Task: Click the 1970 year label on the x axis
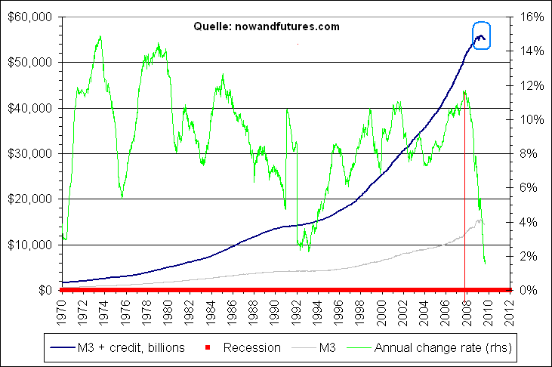[62, 310]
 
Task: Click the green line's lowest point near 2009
[485, 264]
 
